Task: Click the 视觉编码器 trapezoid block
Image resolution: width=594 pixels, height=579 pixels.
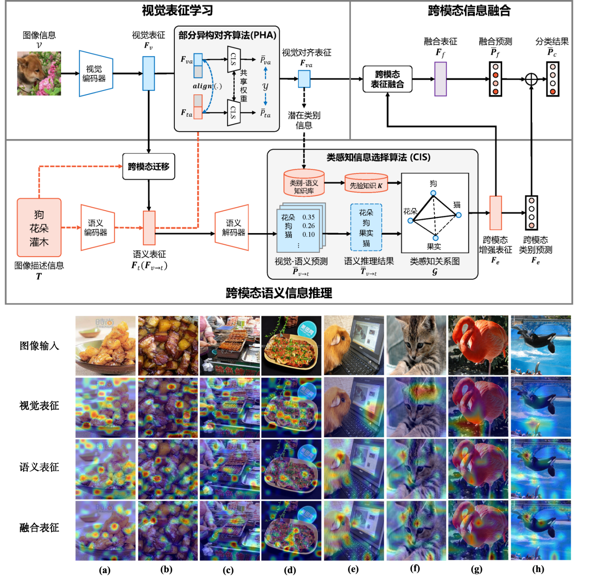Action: click(96, 74)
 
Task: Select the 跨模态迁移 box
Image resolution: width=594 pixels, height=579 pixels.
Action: click(148, 167)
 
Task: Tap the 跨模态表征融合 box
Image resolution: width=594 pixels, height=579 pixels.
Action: click(387, 79)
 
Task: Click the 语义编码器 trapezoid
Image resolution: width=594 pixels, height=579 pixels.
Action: click(97, 228)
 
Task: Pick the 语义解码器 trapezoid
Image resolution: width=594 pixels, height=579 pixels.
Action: click(233, 228)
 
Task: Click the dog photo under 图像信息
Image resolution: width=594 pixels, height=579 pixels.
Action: click(39, 73)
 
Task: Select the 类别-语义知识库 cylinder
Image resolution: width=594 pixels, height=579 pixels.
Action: click(304, 183)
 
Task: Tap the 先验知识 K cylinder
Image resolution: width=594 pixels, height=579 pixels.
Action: click(366, 183)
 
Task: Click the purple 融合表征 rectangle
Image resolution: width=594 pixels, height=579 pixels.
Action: click(440, 79)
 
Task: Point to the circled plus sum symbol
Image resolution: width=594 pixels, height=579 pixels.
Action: click(531, 79)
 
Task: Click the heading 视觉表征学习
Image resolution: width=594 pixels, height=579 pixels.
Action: click(177, 11)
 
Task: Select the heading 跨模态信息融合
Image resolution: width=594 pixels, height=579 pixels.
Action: click(469, 11)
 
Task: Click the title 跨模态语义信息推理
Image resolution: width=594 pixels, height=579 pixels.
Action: click(278, 293)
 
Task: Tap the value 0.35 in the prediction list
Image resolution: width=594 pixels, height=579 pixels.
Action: click(308, 217)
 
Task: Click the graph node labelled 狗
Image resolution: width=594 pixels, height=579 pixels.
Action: click(433, 193)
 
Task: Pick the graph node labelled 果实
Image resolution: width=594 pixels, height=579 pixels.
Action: click(436, 238)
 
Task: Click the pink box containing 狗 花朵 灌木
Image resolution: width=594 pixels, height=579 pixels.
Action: click(39, 228)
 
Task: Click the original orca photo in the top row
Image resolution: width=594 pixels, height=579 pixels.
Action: click(540, 346)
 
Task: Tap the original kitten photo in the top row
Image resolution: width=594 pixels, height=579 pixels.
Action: click(416, 346)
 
